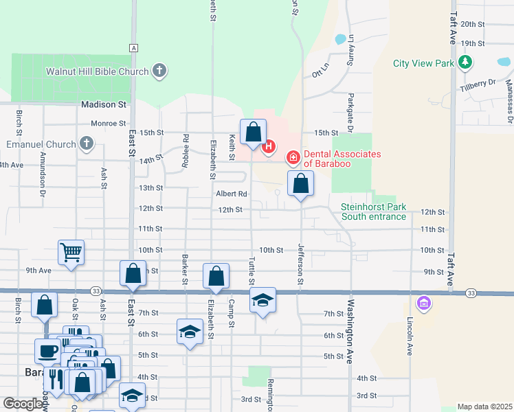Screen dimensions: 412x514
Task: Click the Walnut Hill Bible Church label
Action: (97, 71)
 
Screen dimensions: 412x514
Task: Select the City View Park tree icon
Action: (466, 63)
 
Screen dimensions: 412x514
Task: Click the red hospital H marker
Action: (269, 146)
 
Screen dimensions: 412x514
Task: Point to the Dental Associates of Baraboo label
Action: (342, 159)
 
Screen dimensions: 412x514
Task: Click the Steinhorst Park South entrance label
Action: (373, 211)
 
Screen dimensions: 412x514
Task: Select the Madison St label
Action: (104, 105)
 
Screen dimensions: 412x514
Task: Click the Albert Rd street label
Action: (231, 194)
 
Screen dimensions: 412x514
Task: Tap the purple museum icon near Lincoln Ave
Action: (423, 302)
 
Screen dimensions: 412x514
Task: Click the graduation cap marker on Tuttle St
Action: (262, 300)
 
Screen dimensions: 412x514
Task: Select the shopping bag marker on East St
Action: (133, 273)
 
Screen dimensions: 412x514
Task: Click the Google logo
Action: (22, 404)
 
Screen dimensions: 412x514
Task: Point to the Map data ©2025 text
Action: (485, 407)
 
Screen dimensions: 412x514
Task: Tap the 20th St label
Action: (473, 24)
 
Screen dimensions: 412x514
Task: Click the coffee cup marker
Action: (48, 351)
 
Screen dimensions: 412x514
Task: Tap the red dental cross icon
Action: (293, 159)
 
